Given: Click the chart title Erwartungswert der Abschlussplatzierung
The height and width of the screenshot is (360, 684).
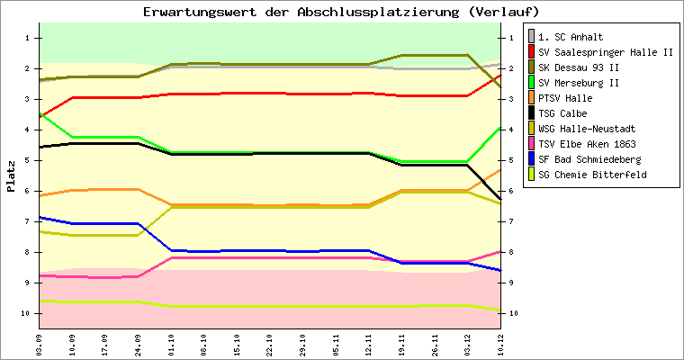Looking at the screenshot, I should tap(341, 12).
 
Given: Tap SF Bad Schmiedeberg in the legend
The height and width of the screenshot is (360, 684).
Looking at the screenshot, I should tap(591, 159).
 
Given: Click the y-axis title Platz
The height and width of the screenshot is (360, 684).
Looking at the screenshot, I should tap(11, 176).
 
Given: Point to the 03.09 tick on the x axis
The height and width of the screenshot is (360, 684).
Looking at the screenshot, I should tap(39, 343).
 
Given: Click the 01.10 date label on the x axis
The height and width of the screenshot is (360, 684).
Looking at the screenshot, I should tap(171, 343).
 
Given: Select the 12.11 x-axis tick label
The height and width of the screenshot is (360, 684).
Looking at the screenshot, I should tap(369, 343).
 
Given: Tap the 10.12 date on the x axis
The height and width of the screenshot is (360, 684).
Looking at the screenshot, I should tap(501, 343).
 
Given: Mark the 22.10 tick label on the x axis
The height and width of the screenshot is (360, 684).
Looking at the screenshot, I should tap(270, 343).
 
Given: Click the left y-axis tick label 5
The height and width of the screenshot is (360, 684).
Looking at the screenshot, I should tap(29, 160).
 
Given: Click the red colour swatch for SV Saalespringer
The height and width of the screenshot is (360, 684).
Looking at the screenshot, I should tap(532, 52).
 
